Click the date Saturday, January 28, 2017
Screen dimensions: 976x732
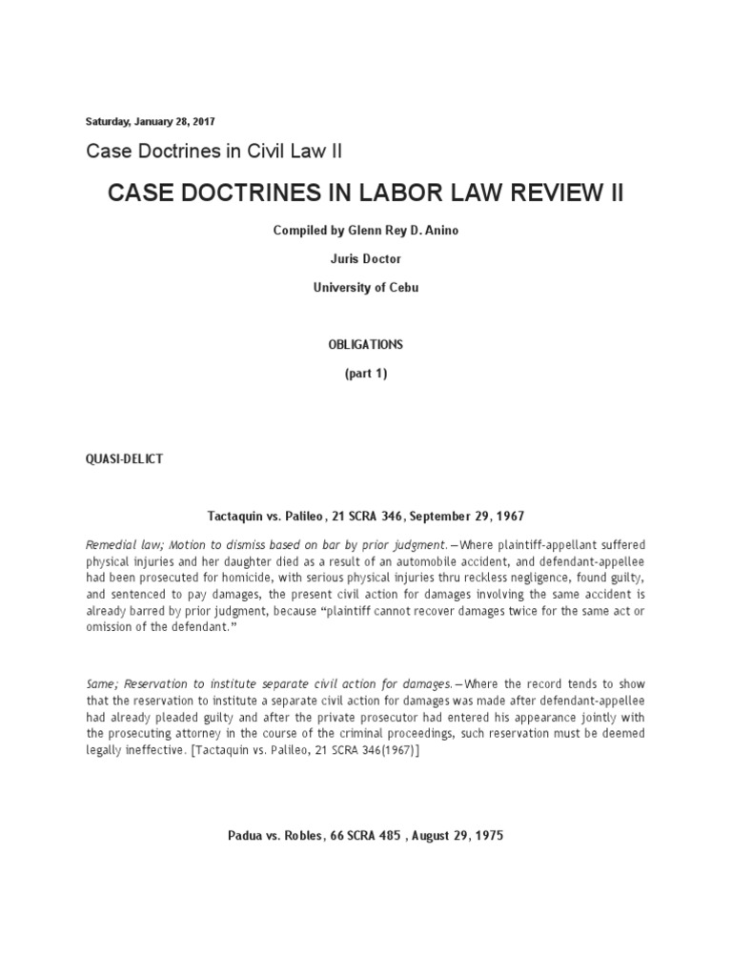(151, 121)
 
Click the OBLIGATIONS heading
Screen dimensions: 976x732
(366, 344)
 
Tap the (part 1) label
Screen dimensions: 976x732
(366, 375)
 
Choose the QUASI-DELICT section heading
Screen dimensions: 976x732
(125, 458)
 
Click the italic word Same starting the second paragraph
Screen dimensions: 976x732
(102, 685)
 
